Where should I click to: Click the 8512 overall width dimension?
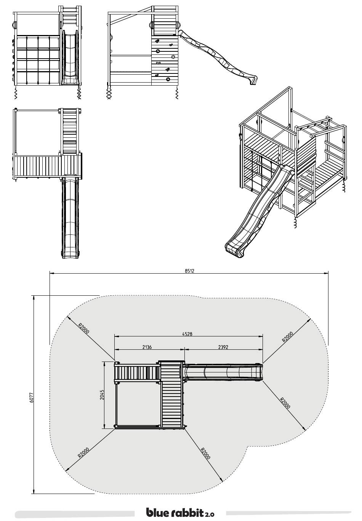(189, 271)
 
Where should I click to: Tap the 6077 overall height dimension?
(32, 397)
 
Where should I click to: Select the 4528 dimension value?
(187, 334)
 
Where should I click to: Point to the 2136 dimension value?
(147, 347)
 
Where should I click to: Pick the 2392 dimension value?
(223, 347)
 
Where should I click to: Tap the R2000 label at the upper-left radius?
(84, 328)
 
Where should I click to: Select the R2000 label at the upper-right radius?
(287, 336)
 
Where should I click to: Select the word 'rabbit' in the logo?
(187, 512)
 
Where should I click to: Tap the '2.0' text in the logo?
(210, 514)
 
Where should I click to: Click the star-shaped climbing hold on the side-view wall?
(173, 57)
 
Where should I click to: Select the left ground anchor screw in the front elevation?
(16, 92)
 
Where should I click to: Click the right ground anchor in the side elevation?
(176, 92)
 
